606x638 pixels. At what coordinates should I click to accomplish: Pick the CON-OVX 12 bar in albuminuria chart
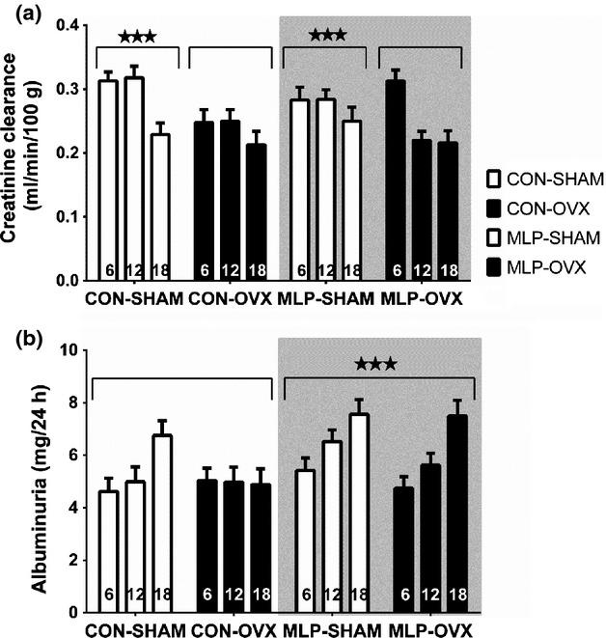[233, 546]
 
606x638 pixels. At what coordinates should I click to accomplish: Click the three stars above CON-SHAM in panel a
[137, 38]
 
